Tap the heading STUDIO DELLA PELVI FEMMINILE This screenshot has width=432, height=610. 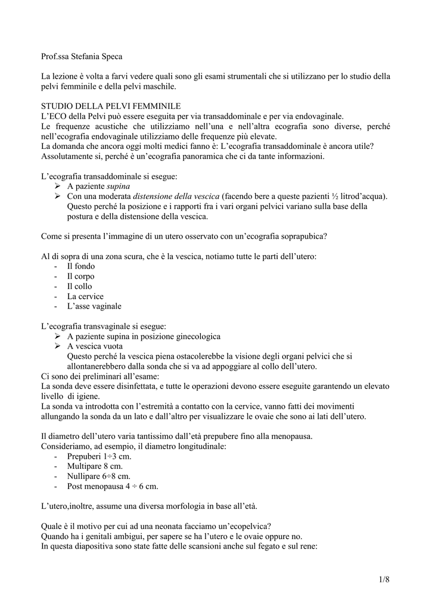pyautogui.click(x=102, y=105)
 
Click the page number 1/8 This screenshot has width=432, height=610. pyautogui.click(x=383, y=578)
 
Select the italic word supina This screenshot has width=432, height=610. pyautogui.click(x=118, y=186)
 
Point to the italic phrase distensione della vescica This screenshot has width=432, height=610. pyautogui.click(x=176, y=197)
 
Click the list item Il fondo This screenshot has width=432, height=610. pyautogui.click(x=80, y=266)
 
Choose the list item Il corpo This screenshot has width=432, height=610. pyautogui.click(x=80, y=276)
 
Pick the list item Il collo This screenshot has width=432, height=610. pyautogui.click(x=80, y=287)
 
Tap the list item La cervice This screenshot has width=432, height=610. pyautogui.click(x=85, y=296)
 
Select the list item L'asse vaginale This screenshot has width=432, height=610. pyautogui.click(x=94, y=306)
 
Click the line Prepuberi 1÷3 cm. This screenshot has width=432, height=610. pyautogui.click(x=99, y=456)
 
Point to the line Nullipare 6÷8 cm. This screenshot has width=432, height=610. pyautogui.click(x=98, y=476)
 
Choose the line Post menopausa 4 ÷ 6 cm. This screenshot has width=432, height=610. pyautogui.click(x=113, y=486)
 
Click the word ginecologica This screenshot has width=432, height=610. pyautogui.click(x=194, y=336)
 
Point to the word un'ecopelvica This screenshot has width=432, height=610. pyautogui.click(x=244, y=526)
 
